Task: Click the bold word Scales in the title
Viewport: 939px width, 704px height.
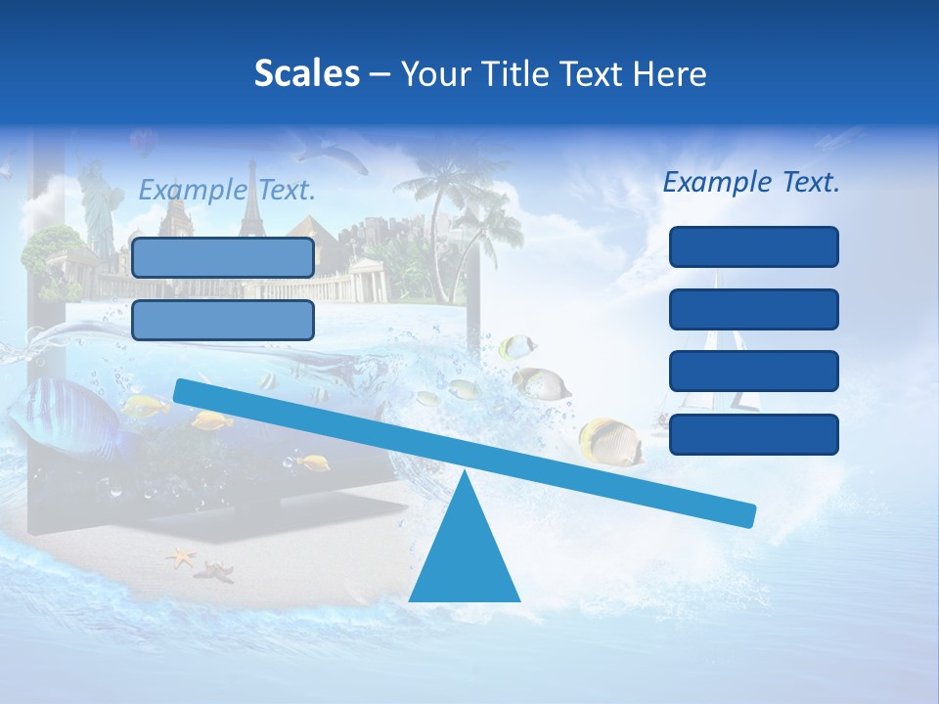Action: point(306,73)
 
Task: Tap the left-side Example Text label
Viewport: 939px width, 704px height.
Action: point(227,190)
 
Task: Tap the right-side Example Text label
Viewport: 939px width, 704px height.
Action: point(751,182)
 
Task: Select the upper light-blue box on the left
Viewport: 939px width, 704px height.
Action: point(223,257)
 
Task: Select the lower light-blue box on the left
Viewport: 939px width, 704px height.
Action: point(223,320)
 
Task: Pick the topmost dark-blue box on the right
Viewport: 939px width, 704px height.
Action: point(753,246)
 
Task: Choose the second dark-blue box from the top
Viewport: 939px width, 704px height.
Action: point(753,309)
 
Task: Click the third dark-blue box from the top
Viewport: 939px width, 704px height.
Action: point(753,372)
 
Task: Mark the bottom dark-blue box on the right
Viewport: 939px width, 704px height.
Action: point(753,434)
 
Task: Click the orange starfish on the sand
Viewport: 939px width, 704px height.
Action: point(181,558)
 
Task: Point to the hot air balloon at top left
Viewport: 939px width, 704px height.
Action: point(143,143)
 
